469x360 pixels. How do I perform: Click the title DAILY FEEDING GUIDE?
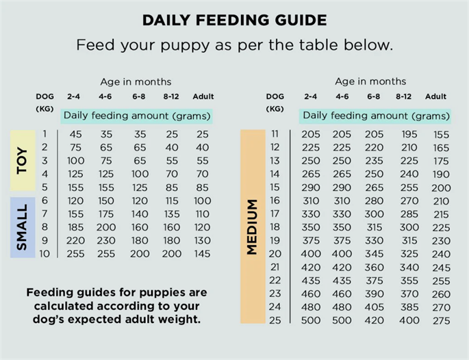(234, 20)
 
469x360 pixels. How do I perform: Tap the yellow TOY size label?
(23, 161)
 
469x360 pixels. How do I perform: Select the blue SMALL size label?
(23, 227)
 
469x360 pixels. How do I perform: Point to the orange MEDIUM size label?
(253, 227)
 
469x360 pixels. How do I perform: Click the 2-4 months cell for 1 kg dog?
(76, 134)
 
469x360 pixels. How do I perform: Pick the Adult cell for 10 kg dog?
(202, 254)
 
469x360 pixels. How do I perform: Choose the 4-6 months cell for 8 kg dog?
(106, 227)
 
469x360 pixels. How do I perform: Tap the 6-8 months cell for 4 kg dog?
(140, 174)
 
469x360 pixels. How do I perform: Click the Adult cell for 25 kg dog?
(441, 320)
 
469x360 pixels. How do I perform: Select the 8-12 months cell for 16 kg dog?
(409, 201)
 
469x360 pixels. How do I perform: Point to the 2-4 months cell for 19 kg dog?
(311, 241)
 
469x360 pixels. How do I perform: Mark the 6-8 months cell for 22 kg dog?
(375, 281)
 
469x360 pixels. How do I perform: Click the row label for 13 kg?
(275, 161)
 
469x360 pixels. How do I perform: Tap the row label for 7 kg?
(45, 214)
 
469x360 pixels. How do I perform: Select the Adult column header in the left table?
(203, 97)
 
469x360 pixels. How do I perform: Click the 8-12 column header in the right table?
(403, 97)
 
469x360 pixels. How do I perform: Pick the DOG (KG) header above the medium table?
(275, 103)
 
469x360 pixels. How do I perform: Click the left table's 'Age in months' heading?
(136, 82)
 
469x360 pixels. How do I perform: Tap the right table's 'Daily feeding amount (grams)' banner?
(376, 116)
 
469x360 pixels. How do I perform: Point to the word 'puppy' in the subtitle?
(185, 46)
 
